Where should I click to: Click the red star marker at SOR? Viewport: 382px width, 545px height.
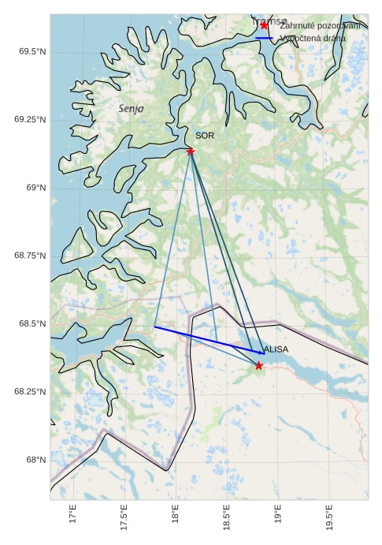point(191,151)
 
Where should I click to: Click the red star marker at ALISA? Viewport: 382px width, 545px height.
point(259,365)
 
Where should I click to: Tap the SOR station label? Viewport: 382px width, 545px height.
point(205,136)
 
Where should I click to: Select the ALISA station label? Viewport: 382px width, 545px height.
point(276,349)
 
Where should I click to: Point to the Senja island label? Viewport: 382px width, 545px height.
point(131,109)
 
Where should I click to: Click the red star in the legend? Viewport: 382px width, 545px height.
point(264,25)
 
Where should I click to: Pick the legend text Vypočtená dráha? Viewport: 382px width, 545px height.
point(313,38)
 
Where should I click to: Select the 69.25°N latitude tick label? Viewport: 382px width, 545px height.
point(29,119)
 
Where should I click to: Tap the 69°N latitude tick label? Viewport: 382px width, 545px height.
point(35,188)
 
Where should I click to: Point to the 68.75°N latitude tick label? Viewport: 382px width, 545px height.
point(29,256)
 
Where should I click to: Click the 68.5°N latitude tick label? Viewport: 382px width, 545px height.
point(31,323)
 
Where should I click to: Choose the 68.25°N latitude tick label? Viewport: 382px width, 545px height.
point(29,391)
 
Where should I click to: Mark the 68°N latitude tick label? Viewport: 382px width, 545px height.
point(35,460)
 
